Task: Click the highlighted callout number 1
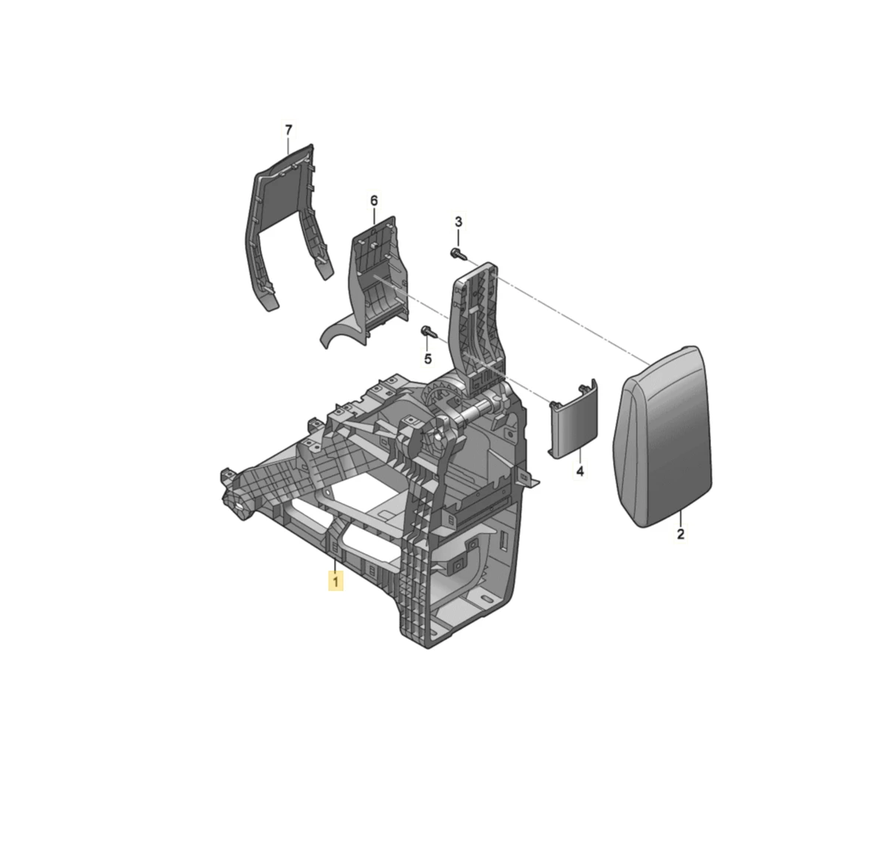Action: (x=336, y=582)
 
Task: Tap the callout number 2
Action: (x=681, y=534)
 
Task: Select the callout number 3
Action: (x=458, y=222)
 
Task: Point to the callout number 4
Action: (x=580, y=471)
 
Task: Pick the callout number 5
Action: (x=427, y=358)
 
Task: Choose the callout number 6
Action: (x=374, y=200)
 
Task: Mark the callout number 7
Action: (x=288, y=130)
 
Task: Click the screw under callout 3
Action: (x=458, y=254)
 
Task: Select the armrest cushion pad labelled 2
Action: (x=663, y=438)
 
